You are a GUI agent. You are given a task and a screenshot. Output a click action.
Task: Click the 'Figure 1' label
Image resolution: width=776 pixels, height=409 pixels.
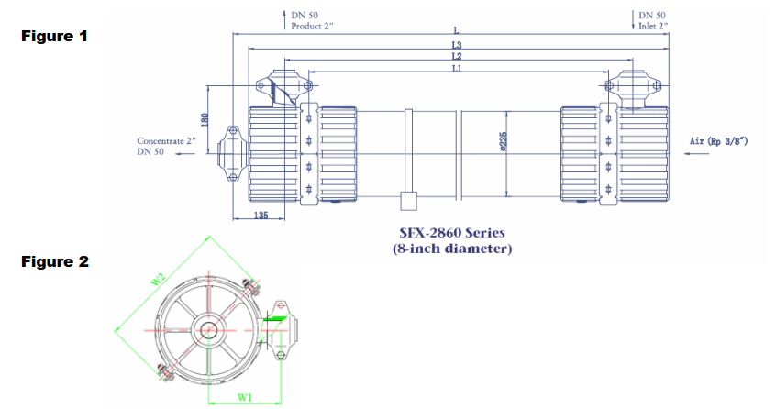point(55,37)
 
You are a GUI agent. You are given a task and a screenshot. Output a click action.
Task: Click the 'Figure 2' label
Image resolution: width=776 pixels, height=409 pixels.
point(55,261)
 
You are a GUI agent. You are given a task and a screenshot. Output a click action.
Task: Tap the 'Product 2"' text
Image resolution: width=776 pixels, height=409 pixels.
point(313,26)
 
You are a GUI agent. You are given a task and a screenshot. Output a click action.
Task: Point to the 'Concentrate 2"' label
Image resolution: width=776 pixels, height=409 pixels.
point(165,141)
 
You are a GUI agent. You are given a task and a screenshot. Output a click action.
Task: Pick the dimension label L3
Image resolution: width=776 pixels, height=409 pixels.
point(456,44)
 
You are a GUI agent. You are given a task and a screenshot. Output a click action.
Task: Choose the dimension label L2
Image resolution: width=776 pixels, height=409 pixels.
point(456,57)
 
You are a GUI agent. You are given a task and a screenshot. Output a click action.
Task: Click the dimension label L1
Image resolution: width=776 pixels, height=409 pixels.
point(456,69)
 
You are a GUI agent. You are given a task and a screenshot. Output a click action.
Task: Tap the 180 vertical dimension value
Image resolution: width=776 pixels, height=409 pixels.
point(205,119)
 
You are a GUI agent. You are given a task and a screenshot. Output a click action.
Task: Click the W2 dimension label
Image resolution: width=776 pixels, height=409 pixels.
point(158,277)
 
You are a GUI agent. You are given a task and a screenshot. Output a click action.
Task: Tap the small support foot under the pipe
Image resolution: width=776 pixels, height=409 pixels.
point(407,201)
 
